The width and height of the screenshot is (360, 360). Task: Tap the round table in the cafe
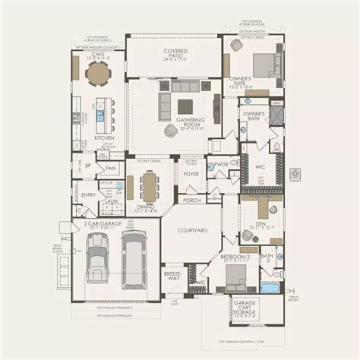point(99,74)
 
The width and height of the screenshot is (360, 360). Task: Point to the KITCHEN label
point(104,137)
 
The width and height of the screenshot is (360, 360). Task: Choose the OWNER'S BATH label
point(254,116)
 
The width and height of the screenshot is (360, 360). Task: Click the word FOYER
point(191,174)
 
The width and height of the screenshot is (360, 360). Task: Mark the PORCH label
point(191,201)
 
